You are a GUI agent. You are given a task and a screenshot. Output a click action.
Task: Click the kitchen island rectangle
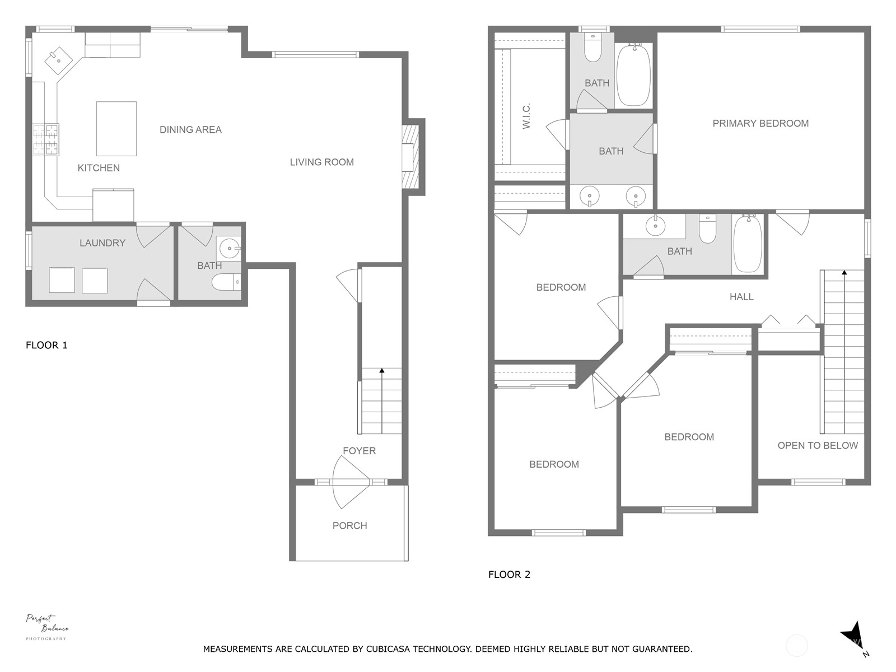coord(116,129)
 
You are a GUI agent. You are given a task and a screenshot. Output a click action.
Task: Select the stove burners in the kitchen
coord(46,140)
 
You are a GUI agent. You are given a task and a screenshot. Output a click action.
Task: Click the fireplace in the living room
coord(410,157)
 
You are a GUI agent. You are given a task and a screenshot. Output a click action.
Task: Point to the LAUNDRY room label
coord(102,243)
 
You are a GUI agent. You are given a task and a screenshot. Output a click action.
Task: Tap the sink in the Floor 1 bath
coord(229,248)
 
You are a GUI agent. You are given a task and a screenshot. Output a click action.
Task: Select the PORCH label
coord(350,525)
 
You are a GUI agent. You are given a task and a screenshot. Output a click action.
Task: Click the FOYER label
coord(359,451)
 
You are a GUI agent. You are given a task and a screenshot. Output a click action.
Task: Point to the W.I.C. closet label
coord(526,116)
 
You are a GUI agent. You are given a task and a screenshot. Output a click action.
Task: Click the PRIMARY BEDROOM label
coord(760,124)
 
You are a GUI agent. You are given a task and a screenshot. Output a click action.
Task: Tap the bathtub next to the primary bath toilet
coord(633,75)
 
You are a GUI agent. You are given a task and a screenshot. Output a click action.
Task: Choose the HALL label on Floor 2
coord(741,297)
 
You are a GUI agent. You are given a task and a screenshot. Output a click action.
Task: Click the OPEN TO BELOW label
coord(818,446)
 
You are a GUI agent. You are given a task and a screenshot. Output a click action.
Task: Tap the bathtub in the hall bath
coord(748,244)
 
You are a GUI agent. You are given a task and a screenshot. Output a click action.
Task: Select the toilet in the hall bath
coord(707,228)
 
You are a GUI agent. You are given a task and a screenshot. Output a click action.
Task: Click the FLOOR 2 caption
coord(509,575)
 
